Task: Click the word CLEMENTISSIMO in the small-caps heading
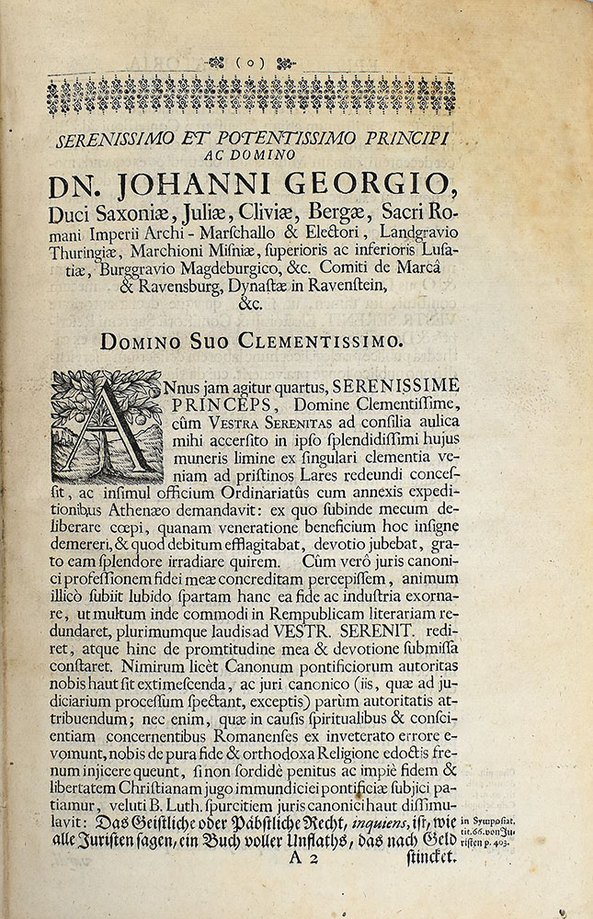coord(321,342)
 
